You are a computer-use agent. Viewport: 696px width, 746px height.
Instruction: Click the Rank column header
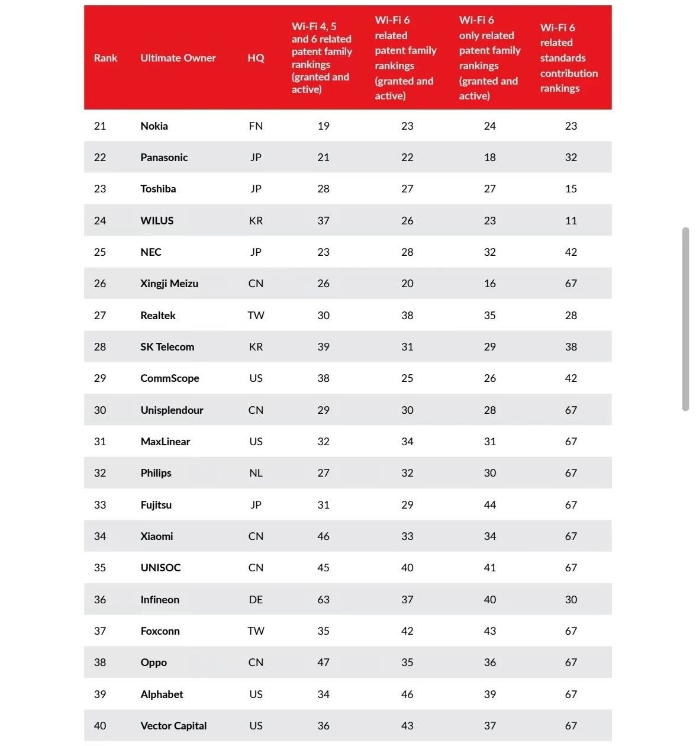coord(105,58)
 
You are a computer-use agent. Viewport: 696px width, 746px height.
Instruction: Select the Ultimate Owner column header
coord(178,58)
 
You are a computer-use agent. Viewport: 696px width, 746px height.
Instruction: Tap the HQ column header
coord(256,58)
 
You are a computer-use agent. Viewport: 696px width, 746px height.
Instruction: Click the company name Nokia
coord(154,126)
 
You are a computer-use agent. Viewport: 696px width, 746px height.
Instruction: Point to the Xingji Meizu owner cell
coord(169,284)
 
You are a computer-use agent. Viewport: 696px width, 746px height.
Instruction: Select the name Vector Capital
coord(173,725)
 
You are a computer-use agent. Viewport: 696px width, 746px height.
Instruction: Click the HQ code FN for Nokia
coord(256,126)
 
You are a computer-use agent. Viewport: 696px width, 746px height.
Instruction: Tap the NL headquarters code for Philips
coord(256,473)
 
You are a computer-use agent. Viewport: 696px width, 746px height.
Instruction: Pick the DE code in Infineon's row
coord(256,600)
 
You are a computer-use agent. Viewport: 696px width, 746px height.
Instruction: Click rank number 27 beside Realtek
coord(99,315)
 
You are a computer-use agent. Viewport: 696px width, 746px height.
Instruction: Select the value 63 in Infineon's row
coord(323,600)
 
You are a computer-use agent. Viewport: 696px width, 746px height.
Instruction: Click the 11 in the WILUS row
coord(571,220)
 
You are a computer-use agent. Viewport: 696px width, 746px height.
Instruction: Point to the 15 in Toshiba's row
coord(571,188)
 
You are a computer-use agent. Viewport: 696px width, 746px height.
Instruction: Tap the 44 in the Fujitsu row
coord(489,505)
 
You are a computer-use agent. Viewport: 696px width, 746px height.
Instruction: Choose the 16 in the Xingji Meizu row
coord(489,284)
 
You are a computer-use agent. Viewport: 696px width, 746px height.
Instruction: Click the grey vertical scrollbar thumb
coord(685,319)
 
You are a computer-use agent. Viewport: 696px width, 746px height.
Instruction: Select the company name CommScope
coord(169,378)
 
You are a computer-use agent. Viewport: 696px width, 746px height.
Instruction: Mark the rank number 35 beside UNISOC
coord(99,568)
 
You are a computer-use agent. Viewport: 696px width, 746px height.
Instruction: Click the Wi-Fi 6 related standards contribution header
coord(569,58)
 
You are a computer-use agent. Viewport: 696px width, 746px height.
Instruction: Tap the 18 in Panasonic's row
coord(489,157)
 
